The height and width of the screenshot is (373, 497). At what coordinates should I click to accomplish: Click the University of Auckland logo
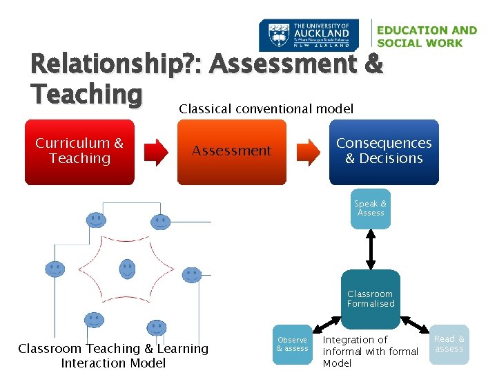pos(309,35)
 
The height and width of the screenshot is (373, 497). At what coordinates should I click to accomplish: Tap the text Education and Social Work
pos(427,37)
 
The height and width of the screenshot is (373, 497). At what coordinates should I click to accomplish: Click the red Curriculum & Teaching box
pos(79,151)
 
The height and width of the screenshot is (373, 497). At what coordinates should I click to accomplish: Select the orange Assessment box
pos(231,151)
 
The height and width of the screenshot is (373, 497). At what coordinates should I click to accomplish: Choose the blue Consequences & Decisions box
pos(384,151)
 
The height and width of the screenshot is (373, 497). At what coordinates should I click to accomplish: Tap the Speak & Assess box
pos(371,208)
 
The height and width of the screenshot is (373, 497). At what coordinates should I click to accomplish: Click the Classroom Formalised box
pos(371,298)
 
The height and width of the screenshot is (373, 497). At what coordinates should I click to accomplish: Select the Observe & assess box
pos(292,344)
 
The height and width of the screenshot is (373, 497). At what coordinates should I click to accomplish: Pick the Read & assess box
pos(449,344)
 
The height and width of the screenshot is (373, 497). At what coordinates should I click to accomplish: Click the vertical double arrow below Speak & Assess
pos(371,249)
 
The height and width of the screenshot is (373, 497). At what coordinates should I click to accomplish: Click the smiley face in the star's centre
pos(127,269)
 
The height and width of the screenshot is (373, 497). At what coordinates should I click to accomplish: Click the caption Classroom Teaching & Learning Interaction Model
pos(113,356)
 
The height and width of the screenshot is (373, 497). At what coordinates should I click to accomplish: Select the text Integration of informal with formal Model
pos(370,351)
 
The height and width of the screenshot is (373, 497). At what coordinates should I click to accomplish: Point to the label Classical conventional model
pos(266,108)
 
